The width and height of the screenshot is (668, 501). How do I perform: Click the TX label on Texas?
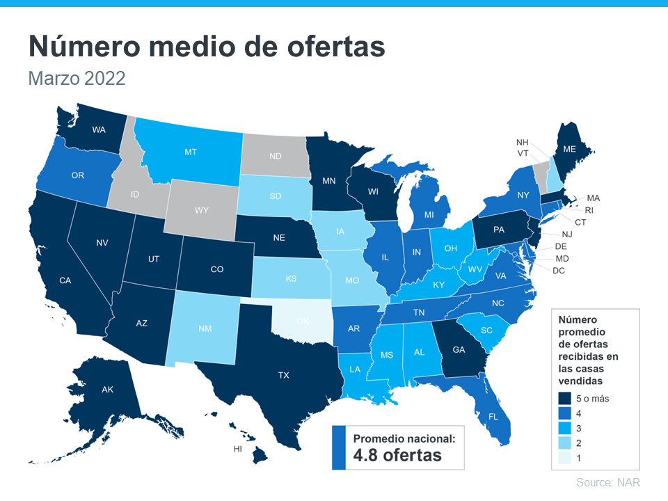coord(283,375)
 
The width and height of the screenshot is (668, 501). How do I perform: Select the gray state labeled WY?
coord(202,209)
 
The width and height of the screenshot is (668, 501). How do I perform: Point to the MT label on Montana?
coord(191,151)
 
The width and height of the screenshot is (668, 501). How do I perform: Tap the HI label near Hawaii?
coord(237,450)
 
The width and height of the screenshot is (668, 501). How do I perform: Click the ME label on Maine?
coord(569,149)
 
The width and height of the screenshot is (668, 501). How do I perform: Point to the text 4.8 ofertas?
coord(397,456)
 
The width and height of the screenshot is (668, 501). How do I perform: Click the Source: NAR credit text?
coord(607,482)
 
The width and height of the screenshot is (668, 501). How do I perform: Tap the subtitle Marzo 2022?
coord(77,78)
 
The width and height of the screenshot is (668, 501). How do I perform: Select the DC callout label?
coord(559,270)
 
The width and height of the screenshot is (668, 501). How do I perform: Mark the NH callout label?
coord(522,142)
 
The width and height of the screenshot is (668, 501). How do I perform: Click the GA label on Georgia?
coord(459,350)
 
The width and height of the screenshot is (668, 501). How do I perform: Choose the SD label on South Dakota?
coord(276,196)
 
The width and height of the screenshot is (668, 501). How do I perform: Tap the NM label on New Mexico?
coord(206,327)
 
